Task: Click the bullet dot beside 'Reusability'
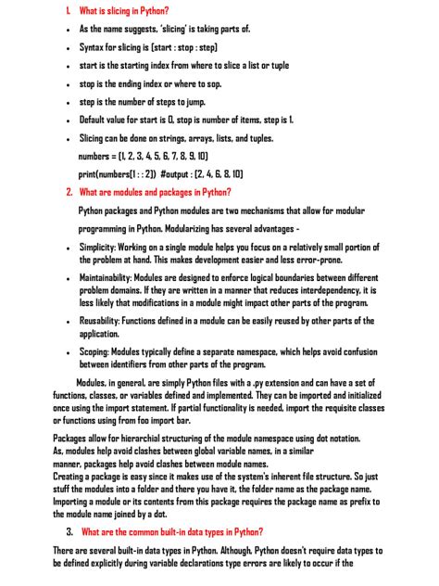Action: tap(69, 322)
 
